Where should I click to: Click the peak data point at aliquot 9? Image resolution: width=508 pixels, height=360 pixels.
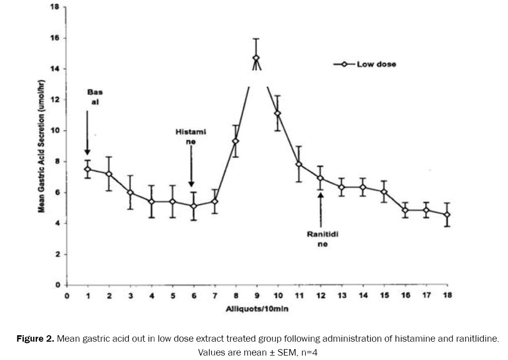256,58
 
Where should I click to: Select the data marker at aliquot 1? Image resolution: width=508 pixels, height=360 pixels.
88,169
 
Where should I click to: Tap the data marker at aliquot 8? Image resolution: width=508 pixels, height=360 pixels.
235,141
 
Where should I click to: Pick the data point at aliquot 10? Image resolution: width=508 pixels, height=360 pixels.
278,113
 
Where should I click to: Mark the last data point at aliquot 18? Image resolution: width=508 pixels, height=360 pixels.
447,215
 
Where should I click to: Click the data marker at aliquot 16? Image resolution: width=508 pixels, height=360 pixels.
405,210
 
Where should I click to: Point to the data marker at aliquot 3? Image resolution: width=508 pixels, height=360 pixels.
130,193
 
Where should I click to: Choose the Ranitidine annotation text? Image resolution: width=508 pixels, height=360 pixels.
322,239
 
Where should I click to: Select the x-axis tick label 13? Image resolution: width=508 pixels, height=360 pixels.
341,296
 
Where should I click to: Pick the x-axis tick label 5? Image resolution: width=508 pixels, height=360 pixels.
172,296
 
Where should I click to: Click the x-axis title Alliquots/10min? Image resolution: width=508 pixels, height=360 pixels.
256,309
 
